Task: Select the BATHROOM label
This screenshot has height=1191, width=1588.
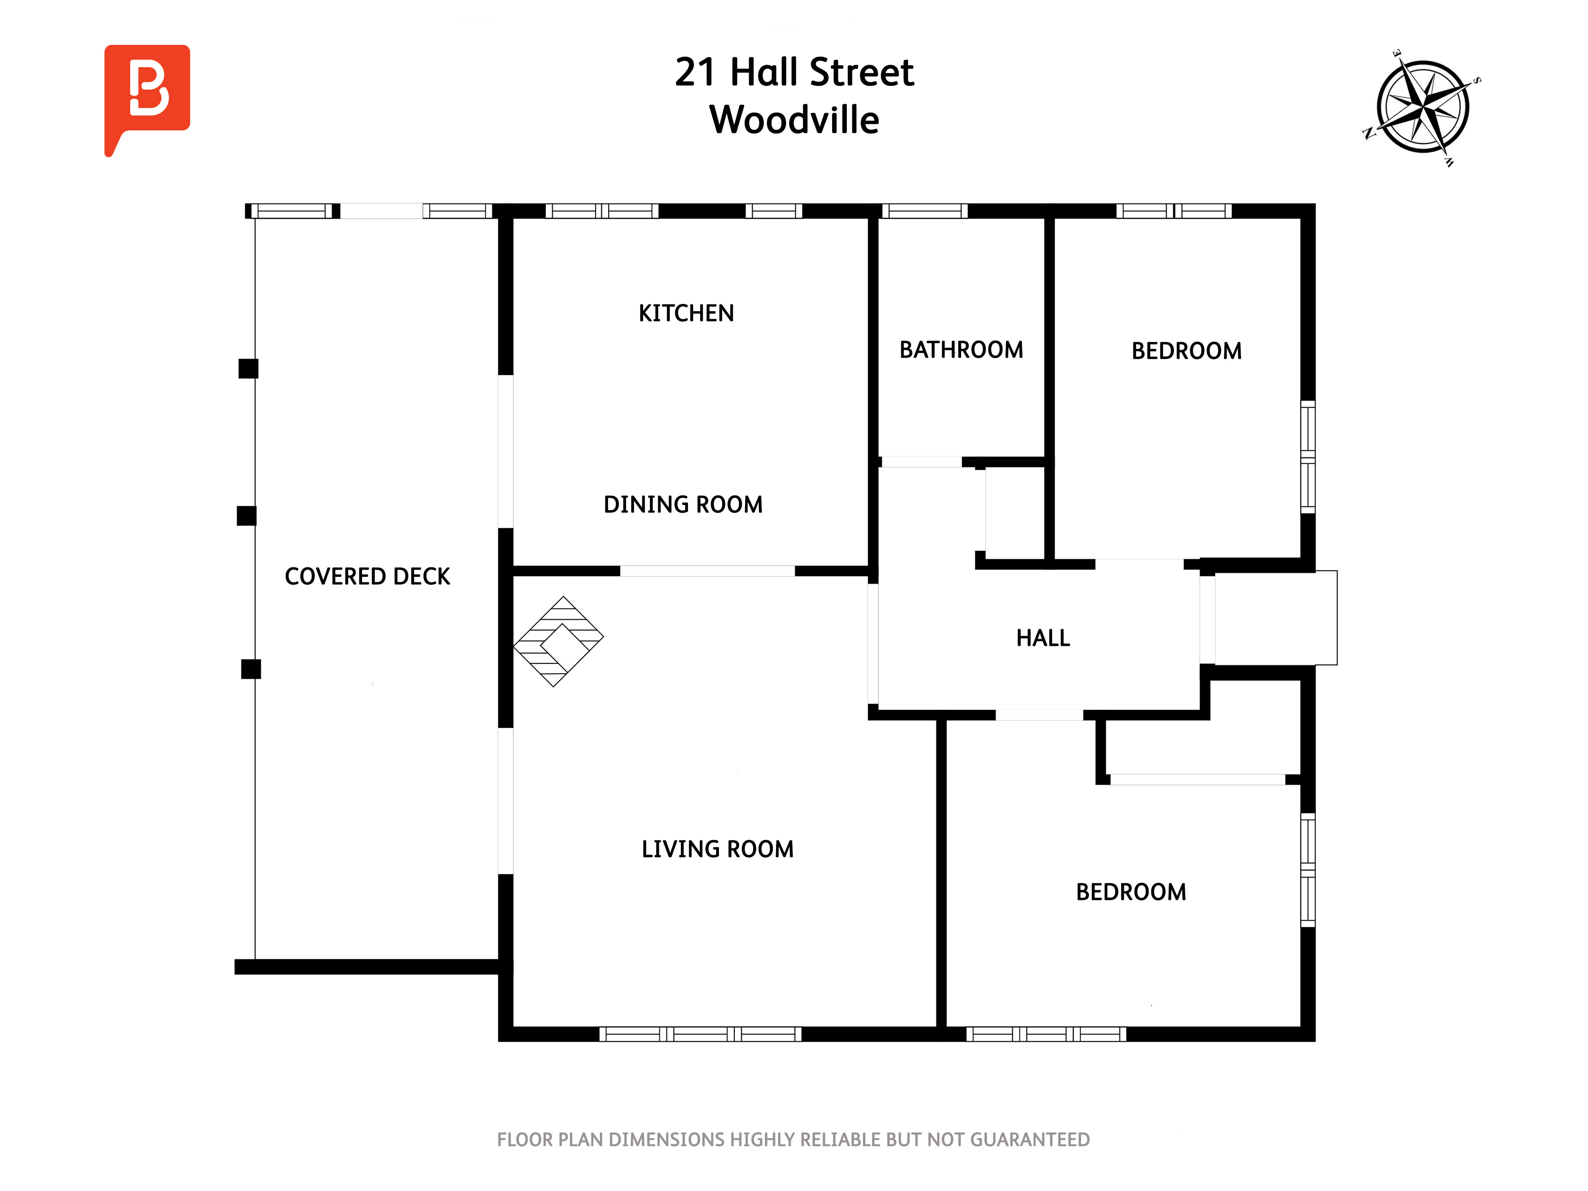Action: pyautogui.click(x=961, y=350)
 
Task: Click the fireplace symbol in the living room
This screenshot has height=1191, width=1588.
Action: pyautogui.click(x=559, y=641)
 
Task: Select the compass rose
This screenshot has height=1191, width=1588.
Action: pyautogui.click(x=1422, y=107)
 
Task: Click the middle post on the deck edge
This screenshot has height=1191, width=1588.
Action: pyautogui.click(x=246, y=515)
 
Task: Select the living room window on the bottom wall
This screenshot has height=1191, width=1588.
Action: pyautogui.click(x=701, y=1034)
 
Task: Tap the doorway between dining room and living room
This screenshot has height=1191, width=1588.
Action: pyautogui.click(x=707, y=571)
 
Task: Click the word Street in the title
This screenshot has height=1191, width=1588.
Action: pyautogui.click(x=861, y=73)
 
